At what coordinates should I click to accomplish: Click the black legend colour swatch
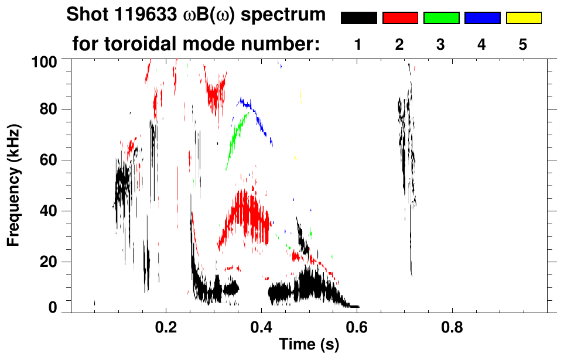click(359, 18)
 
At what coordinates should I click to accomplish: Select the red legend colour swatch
click(400, 18)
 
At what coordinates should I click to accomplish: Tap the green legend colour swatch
click(441, 18)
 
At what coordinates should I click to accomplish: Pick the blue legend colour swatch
click(482, 18)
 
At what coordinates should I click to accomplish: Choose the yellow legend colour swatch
click(523, 18)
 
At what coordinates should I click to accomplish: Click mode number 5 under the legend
click(523, 44)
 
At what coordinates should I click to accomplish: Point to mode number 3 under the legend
click(441, 44)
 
